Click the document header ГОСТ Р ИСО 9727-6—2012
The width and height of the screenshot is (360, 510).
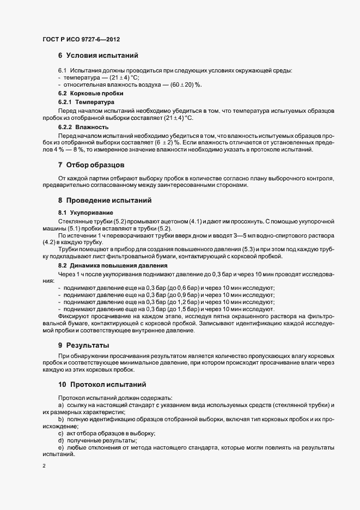(x=81, y=40)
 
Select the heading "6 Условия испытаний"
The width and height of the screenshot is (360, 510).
(x=98, y=56)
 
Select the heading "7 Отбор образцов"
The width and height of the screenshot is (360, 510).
(x=92, y=165)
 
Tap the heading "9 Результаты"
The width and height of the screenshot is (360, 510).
(x=84, y=345)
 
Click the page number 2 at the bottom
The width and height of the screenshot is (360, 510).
(x=44, y=466)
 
